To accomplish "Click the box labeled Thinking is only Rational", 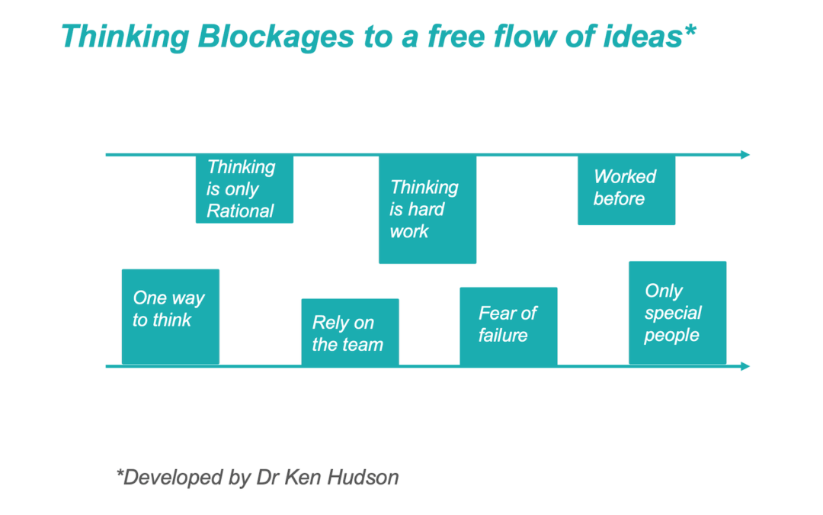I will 244,188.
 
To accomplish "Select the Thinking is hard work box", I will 427,208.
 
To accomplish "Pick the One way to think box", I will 170,316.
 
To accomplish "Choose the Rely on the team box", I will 350,332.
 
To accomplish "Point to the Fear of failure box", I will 508,326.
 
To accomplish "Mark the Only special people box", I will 677,313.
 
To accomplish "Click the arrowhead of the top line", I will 745,155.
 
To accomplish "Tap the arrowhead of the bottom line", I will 745,366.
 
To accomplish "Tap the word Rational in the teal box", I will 240,211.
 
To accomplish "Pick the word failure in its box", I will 503,335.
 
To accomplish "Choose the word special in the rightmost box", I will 673,313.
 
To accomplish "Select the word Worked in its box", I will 625,177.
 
